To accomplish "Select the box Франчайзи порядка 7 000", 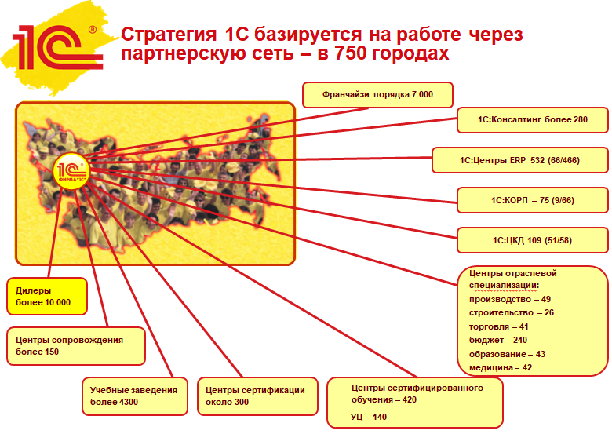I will coord(377,95).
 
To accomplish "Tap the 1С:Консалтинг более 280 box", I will coord(533,120).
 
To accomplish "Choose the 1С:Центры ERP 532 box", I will coord(519,160).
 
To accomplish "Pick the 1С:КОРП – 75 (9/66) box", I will coord(533,200).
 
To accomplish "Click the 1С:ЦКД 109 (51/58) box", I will coord(533,239).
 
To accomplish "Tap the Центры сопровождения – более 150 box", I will coord(75,346).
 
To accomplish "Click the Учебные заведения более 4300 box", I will coord(135,396).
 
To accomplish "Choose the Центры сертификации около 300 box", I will coord(254,396).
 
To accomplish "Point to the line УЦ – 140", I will coord(369,417).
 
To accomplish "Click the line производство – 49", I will coord(509,299).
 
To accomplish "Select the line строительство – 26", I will coord(511,312).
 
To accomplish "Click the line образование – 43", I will coord(507,354).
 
